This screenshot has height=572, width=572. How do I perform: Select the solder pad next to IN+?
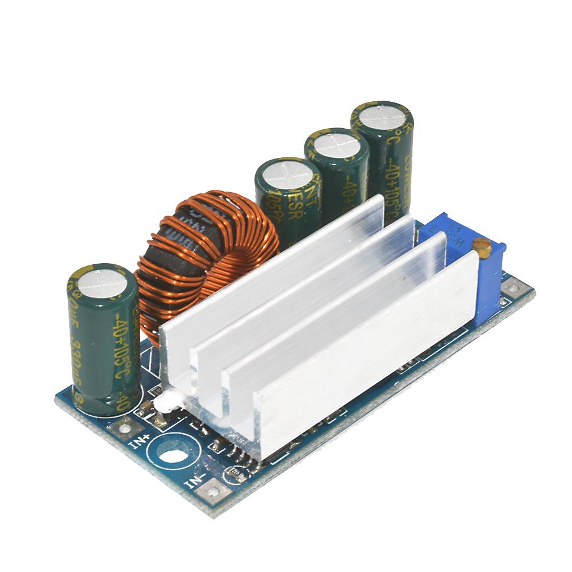(124, 424)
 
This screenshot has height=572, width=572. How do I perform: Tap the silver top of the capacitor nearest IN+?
(101, 283)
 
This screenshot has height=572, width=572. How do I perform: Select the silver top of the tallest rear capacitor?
(382, 118)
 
